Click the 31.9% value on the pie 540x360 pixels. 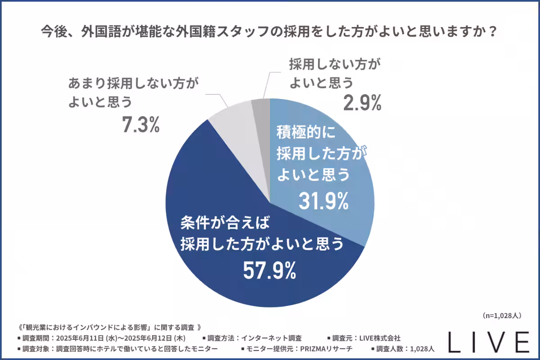click(x=324, y=201)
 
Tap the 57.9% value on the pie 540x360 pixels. click(x=269, y=270)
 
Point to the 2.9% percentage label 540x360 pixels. click(x=363, y=103)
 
